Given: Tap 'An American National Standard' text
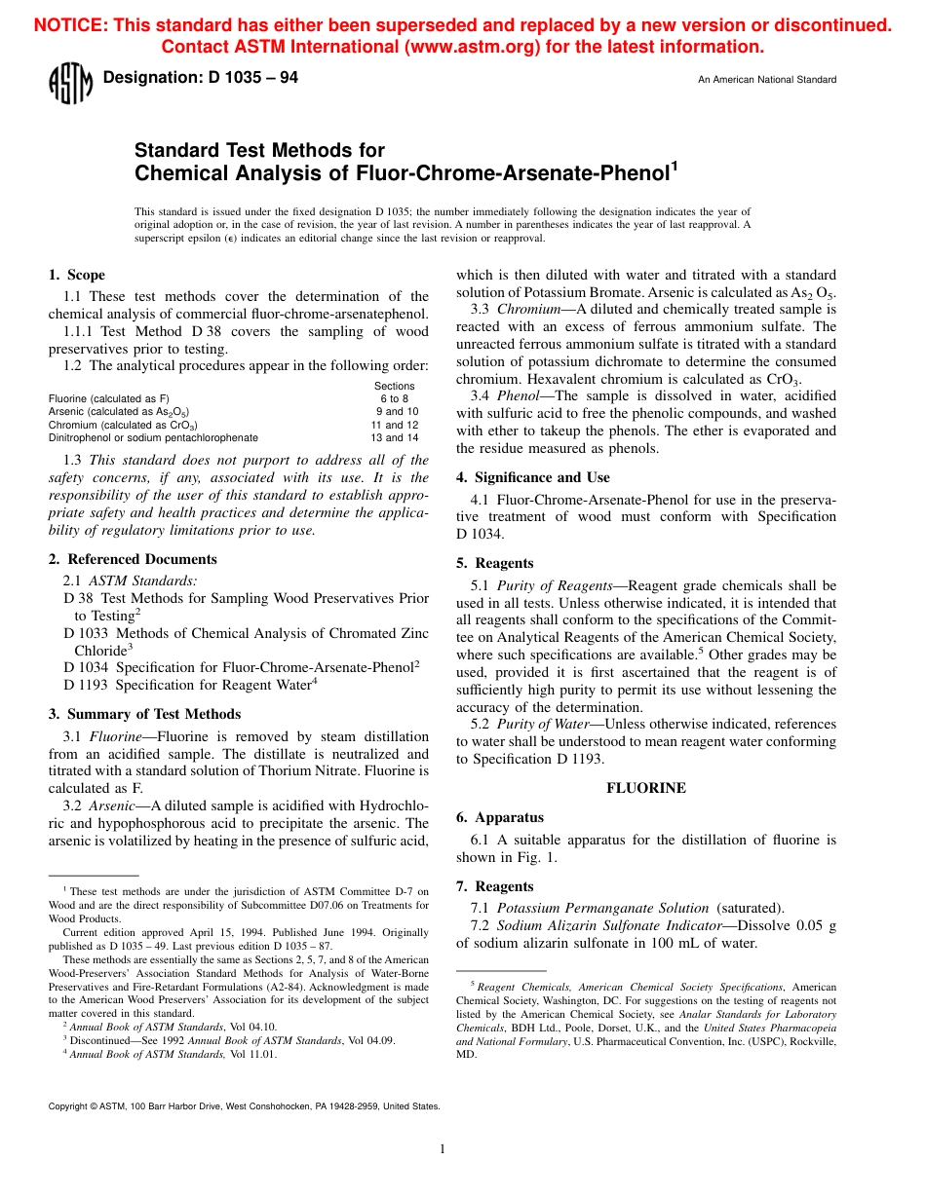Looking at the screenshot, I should click(x=766, y=80).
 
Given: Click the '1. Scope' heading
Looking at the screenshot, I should click(x=77, y=275).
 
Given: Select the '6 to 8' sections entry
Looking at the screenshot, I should click(x=394, y=398).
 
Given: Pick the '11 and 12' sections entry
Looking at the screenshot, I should click(x=394, y=425).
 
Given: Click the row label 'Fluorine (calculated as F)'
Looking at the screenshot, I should click(x=109, y=398).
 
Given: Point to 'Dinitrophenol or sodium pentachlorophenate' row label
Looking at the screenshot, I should click(x=153, y=438).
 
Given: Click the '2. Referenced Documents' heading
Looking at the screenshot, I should click(x=133, y=559).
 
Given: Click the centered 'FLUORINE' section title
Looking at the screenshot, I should click(x=646, y=788).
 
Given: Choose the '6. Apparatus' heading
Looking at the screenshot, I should click(x=499, y=817).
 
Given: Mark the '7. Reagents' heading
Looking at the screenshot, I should click(x=494, y=886).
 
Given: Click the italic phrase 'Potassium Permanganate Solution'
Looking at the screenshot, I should click(x=602, y=908).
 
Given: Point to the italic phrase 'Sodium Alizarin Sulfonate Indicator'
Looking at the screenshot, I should click(x=612, y=925).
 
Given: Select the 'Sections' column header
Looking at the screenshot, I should click(x=394, y=386).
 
